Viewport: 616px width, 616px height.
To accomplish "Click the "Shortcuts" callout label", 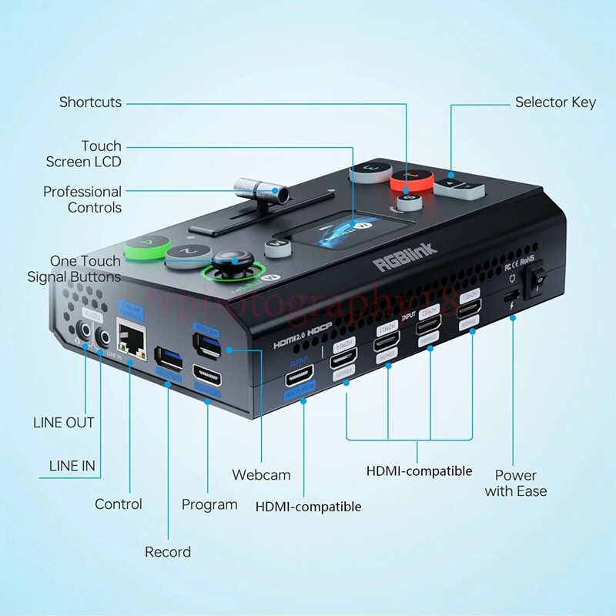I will point(90,102).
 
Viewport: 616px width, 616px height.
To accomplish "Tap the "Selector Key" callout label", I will point(555,102).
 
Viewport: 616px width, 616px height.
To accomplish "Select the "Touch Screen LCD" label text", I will point(83,154).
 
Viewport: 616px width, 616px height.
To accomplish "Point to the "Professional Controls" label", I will point(82,199).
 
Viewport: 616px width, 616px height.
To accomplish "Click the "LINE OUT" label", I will point(64,423).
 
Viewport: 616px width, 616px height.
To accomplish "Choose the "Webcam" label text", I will point(261,475).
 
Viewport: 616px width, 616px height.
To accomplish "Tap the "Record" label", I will point(168,551).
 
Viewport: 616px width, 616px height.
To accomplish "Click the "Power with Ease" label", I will point(516,483).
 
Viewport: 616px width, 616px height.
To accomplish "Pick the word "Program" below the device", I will point(209,504).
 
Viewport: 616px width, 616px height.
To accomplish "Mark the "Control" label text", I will point(119,504).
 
